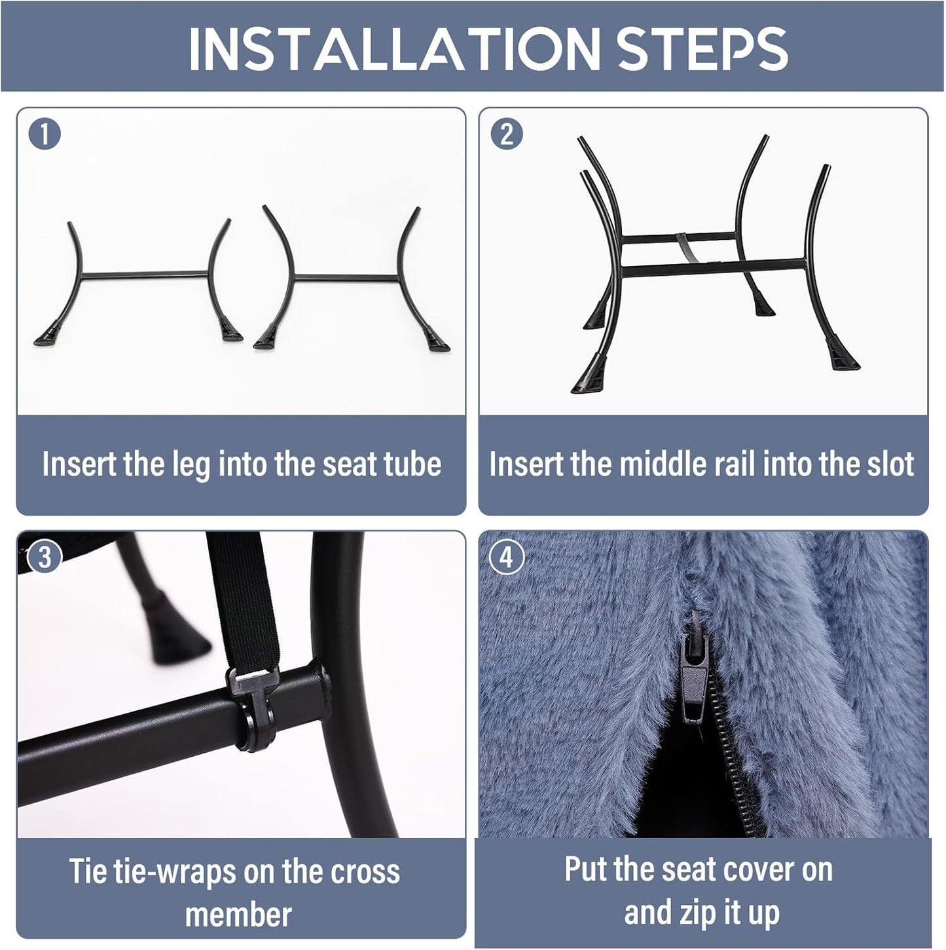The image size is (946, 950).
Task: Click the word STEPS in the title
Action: [702, 48]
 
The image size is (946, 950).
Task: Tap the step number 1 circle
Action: [45, 134]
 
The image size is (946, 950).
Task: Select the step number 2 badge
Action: [507, 134]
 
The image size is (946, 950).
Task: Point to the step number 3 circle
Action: [45, 558]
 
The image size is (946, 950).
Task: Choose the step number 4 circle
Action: [507, 558]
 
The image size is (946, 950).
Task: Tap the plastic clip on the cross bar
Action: [255, 711]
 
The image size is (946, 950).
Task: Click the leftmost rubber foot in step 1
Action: [48, 336]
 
